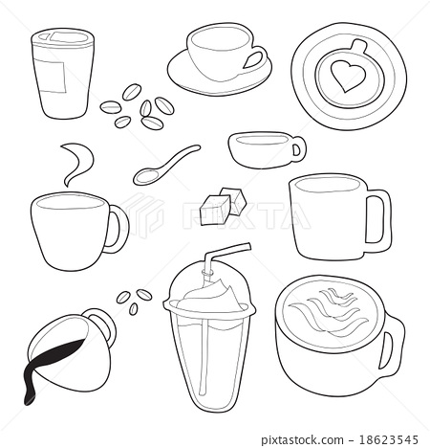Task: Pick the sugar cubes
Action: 223,203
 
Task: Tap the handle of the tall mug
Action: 378,218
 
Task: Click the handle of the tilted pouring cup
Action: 102,326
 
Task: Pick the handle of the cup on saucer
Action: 253,59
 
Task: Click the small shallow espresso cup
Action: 264,148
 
